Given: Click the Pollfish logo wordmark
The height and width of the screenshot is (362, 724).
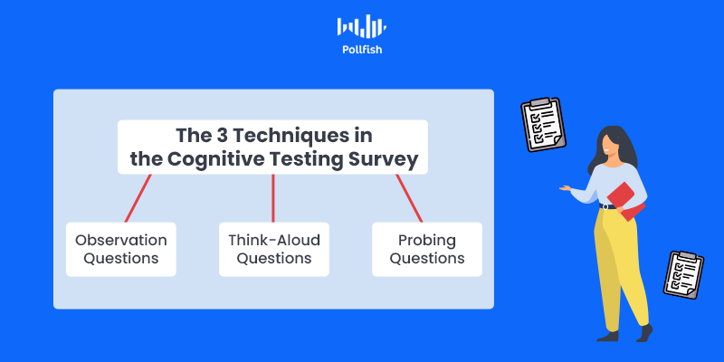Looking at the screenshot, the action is (x=362, y=50).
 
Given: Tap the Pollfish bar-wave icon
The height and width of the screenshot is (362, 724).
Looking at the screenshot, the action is (x=362, y=26).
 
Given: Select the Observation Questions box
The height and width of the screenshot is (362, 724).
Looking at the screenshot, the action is (x=121, y=250).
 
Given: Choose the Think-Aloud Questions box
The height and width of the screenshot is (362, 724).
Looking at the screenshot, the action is (x=274, y=250).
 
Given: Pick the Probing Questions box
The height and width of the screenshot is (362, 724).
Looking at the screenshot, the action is (x=427, y=250).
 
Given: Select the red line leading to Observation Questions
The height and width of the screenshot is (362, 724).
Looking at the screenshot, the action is (x=138, y=198).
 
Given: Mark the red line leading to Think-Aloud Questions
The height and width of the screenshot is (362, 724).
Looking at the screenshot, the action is (x=273, y=198).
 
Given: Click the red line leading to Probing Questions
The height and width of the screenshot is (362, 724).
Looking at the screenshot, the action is (x=409, y=198).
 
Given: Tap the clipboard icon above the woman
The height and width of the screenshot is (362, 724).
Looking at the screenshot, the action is (x=544, y=125).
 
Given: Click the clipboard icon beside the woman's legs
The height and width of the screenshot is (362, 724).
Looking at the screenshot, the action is (x=684, y=275).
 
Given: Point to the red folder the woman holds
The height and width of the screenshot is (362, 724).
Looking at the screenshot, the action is (x=626, y=201).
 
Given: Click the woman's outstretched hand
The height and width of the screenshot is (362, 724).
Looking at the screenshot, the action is (x=565, y=188).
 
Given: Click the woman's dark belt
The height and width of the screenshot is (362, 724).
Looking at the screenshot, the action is (x=608, y=206).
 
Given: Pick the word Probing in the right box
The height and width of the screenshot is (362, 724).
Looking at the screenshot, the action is (x=427, y=241).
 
